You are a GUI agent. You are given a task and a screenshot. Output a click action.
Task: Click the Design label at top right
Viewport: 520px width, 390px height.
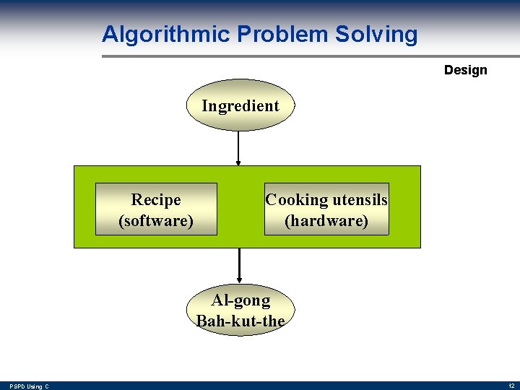click(465, 70)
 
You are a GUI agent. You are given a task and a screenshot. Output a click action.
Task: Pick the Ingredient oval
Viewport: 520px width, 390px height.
click(240, 105)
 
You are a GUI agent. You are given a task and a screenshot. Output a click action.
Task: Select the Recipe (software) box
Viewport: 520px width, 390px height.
click(156, 209)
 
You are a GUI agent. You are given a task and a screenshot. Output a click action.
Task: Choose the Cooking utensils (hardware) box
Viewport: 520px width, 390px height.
click(326, 209)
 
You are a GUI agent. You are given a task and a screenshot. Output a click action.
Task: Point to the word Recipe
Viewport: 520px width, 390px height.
click(156, 199)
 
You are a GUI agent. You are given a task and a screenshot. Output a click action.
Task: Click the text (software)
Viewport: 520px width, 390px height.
click(156, 220)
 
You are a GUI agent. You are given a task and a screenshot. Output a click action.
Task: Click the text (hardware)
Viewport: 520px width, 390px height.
click(326, 220)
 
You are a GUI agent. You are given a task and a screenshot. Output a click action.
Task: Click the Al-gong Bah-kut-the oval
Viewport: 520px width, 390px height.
click(240, 310)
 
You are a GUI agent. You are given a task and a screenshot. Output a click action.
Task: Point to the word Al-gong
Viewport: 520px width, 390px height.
click(240, 300)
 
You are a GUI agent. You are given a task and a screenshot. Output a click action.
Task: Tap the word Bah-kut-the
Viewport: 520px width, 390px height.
click(240, 321)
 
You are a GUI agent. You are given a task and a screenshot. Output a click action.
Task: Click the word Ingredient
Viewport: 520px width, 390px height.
click(240, 105)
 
